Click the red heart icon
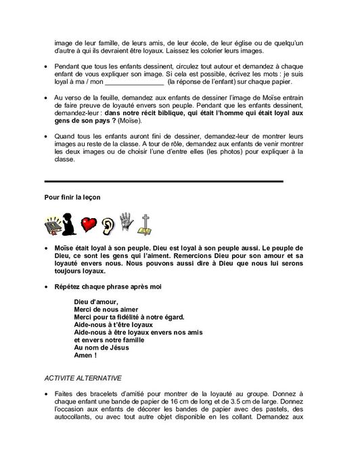coord(88,224)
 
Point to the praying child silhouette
coord(70,224)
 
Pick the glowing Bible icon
coord(52,224)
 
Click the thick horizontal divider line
coord(163,182)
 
